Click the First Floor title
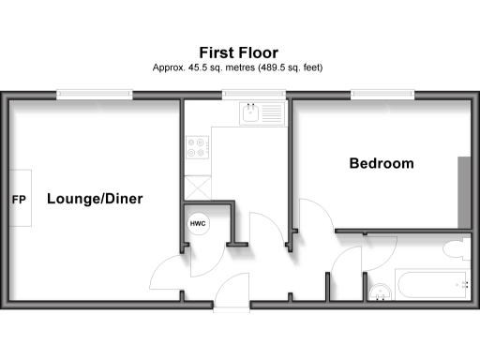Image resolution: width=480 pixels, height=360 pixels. pyautogui.click(x=238, y=52)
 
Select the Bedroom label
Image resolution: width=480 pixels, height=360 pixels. pyautogui.click(x=381, y=163)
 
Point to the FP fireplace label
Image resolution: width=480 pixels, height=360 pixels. pyautogui.click(x=18, y=200)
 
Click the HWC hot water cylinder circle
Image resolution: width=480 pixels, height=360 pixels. pyautogui.click(x=198, y=225)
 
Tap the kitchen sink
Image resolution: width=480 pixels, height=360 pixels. pyautogui.click(x=250, y=114)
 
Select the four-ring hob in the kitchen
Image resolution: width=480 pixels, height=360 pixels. pyautogui.click(x=198, y=147)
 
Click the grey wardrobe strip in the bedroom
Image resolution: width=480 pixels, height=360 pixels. pyautogui.click(x=463, y=191)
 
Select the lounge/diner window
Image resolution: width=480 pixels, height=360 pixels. pyautogui.click(x=94, y=94)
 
